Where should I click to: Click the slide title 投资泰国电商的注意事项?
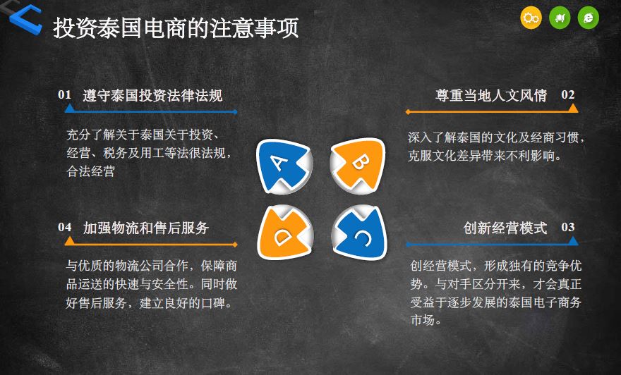[x=176, y=27]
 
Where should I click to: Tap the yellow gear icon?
[x=531, y=18]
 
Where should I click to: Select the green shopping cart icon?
[x=560, y=18]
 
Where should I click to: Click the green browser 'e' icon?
[x=589, y=18]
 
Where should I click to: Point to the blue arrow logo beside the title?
[x=26, y=20]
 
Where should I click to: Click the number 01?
[x=64, y=95]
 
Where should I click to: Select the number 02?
[x=568, y=95]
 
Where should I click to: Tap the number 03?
[x=568, y=228]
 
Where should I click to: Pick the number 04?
[x=64, y=228]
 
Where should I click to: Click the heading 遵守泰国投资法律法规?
[x=153, y=95]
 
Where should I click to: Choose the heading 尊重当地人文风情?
[x=491, y=95]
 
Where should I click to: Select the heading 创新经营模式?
[x=505, y=228]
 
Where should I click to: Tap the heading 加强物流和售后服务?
[x=146, y=228]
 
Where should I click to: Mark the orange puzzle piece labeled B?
[x=358, y=166]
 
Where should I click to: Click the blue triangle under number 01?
[x=70, y=108]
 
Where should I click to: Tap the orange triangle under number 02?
[x=573, y=108]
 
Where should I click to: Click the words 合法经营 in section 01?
[x=91, y=171]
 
